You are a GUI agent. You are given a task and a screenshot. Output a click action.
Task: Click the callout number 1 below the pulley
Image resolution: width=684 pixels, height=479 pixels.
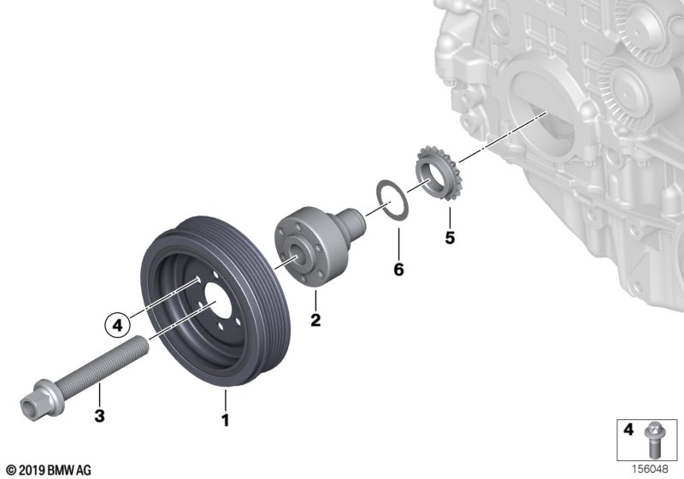pyautogui.click(x=225, y=421)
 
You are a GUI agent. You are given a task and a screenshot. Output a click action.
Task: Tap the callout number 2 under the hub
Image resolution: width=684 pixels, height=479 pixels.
pyautogui.click(x=315, y=320)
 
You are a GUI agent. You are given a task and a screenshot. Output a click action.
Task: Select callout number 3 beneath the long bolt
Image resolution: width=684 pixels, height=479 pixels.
pyautogui.click(x=99, y=416)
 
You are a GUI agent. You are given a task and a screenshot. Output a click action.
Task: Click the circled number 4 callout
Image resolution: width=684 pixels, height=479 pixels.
pyautogui.click(x=118, y=325)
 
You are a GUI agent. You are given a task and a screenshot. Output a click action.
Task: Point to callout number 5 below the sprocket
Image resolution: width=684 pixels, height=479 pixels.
pyautogui.click(x=450, y=238)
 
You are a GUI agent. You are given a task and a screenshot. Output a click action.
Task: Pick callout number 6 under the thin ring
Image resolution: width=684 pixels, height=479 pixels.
pyautogui.click(x=398, y=269)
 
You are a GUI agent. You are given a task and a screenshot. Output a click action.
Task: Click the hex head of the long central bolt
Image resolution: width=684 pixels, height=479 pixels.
pyautogui.click(x=32, y=401)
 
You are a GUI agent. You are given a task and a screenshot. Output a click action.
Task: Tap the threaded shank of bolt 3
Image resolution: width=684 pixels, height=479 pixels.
pyautogui.click(x=103, y=364)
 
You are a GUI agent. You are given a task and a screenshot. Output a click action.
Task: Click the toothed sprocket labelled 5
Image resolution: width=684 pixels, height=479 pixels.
pyautogui.click(x=438, y=173)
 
